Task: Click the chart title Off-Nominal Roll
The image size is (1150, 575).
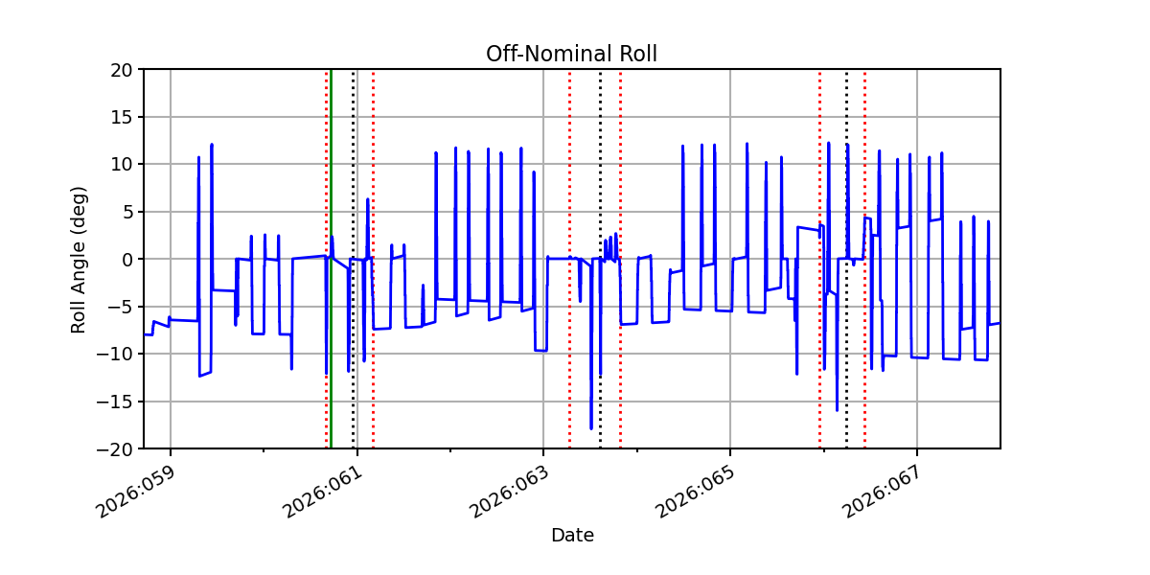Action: click(x=571, y=54)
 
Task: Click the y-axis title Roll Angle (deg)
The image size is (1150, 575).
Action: click(x=78, y=259)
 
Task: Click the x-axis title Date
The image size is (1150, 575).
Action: click(x=571, y=536)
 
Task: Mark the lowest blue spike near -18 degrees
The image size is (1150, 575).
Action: click(x=591, y=427)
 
